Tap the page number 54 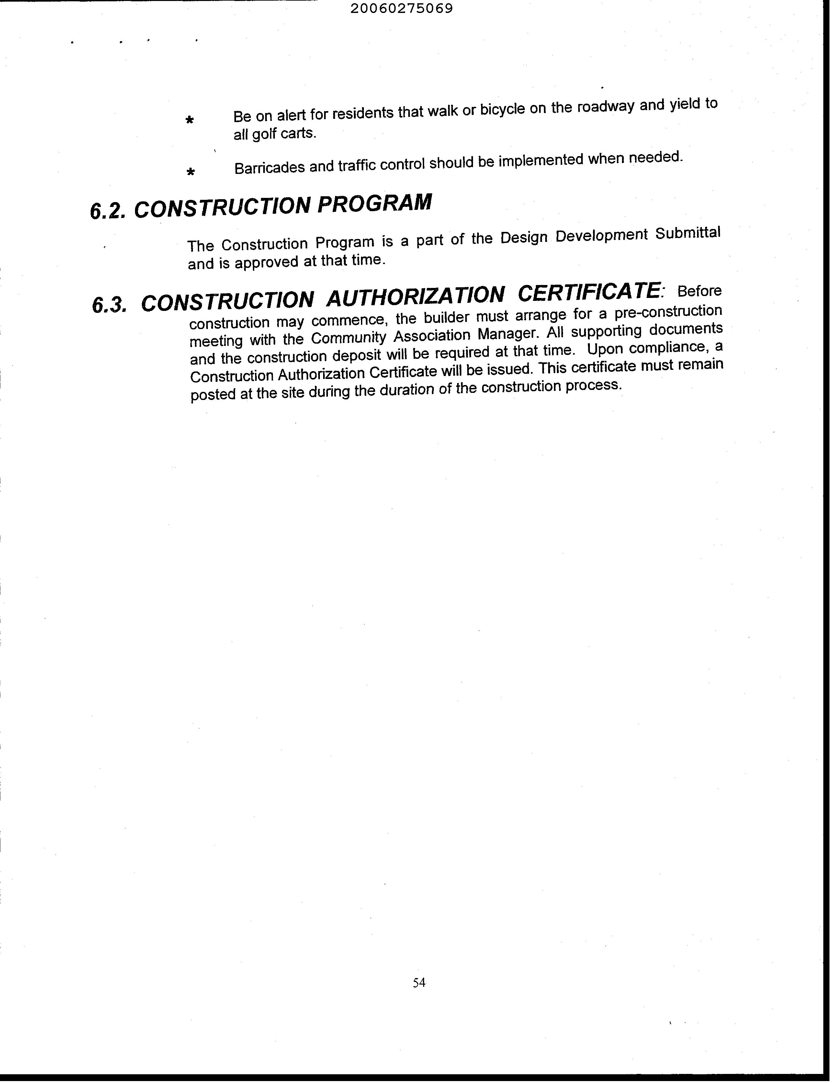pyautogui.click(x=419, y=982)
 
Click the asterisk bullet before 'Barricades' pyautogui.click(x=190, y=172)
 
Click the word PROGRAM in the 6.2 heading pyautogui.click(x=374, y=203)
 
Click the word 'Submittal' pyautogui.click(x=687, y=233)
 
